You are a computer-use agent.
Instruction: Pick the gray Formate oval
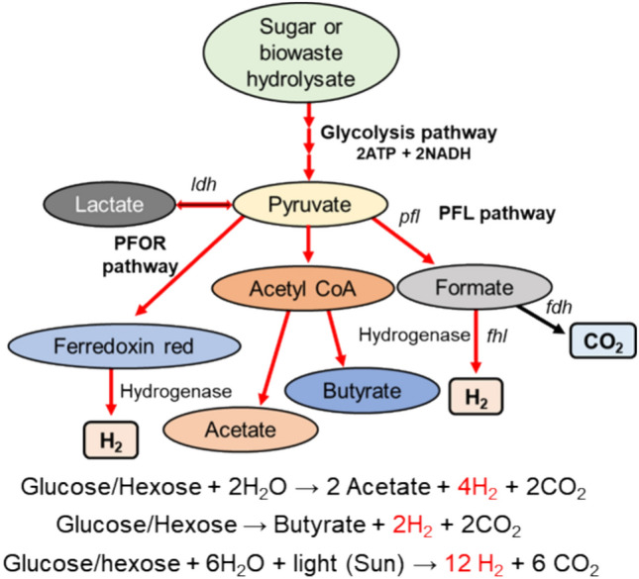[x=469, y=289]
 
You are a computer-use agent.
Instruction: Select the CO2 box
[x=601, y=341]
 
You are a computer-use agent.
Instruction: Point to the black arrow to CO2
[x=551, y=318]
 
